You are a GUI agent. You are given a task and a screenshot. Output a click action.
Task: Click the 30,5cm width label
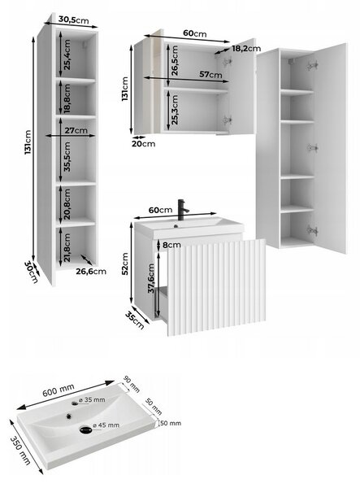click(73, 20)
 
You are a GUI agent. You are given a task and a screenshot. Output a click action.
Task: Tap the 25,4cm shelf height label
click(67, 54)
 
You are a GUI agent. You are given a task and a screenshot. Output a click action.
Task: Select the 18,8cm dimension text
click(67, 98)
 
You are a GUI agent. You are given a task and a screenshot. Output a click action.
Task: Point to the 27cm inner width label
click(76, 130)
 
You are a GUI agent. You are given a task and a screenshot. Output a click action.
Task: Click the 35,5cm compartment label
click(67, 156)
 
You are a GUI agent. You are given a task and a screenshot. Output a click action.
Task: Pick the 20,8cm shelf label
click(67, 204)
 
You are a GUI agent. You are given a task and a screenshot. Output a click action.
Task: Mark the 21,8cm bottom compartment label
click(67, 248)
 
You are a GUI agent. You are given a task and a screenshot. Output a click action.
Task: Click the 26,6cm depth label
click(91, 272)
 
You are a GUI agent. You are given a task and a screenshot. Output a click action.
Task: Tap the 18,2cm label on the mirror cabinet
click(246, 48)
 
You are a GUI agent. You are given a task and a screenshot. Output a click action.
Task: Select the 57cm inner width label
click(210, 74)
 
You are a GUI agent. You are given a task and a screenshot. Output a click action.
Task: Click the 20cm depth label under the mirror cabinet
click(144, 144)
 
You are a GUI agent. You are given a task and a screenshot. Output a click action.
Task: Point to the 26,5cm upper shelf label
click(175, 61)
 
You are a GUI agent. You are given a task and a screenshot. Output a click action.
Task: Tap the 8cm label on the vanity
click(171, 245)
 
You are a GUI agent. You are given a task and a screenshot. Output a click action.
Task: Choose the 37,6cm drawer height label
click(151, 278)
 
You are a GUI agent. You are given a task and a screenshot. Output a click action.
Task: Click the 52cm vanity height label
click(125, 264)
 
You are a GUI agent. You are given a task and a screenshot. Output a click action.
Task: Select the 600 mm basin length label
click(59, 390)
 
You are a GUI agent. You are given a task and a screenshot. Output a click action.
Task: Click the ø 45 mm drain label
click(106, 425)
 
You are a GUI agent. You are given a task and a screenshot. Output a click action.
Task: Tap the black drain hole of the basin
click(85, 429)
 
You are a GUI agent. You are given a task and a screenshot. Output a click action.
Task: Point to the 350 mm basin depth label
click(20, 451)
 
